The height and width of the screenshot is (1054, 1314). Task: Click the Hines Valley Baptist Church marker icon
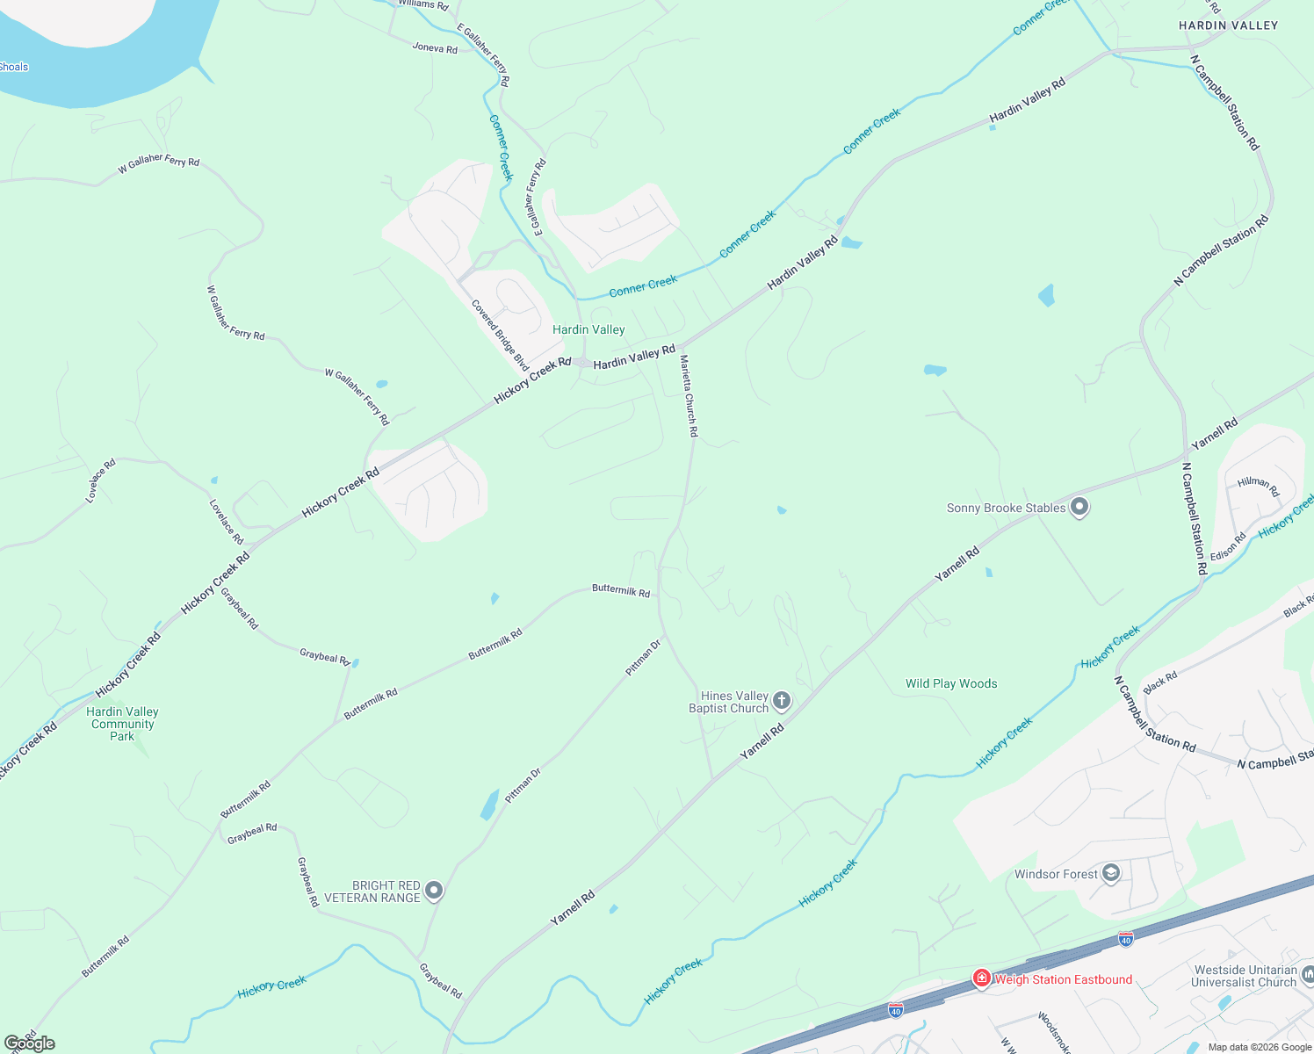(x=782, y=701)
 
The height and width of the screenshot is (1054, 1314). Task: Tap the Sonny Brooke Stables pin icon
(x=1079, y=508)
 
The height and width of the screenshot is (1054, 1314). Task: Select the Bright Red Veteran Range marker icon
(x=434, y=892)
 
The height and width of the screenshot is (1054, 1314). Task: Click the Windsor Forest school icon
(x=1111, y=873)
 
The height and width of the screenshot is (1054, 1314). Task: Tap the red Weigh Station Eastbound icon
(x=982, y=978)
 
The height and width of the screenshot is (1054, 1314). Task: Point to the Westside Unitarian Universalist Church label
(x=1245, y=976)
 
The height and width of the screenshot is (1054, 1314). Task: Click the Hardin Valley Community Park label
(x=123, y=724)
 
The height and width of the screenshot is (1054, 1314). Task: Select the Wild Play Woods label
(x=951, y=683)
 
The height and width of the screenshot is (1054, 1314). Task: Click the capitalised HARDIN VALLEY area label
(x=1228, y=25)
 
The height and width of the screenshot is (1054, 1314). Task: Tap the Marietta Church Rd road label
(x=689, y=396)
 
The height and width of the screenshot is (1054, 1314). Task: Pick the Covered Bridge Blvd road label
(x=501, y=335)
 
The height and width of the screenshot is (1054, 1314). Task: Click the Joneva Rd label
(x=435, y=47)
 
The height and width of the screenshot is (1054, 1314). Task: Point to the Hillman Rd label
(x=1258, y=485)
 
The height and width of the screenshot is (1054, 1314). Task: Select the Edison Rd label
(x=1228, y=546)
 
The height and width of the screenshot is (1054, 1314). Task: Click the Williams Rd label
(x=423, y=4)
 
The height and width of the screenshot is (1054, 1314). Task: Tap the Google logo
(x=30, y=1043)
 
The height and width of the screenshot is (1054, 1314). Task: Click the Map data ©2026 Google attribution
(x=1260, y=1047)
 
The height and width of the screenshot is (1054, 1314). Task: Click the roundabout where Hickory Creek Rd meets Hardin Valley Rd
(x=582, y=362)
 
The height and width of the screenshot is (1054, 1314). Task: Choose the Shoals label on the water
(x=14, y=67)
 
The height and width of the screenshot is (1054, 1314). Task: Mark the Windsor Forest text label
(x=1056, y=874)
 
